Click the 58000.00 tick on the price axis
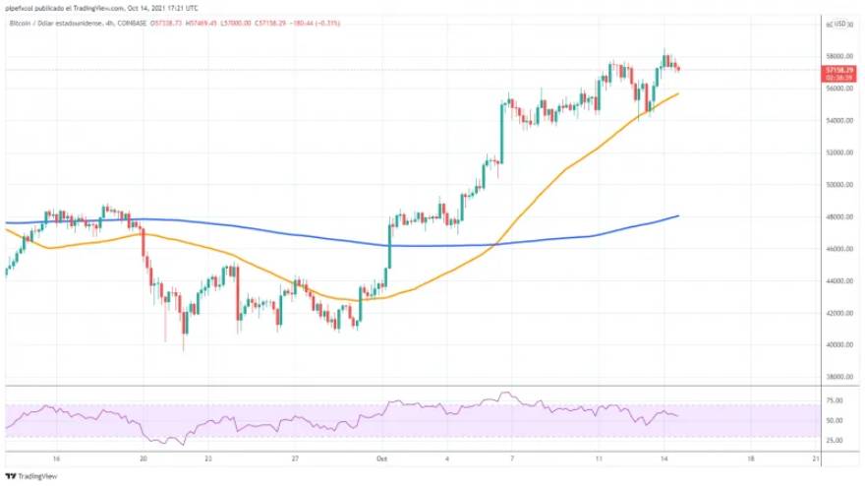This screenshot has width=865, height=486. [x=837, y=56]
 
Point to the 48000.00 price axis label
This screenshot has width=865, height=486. [x=837, y=216]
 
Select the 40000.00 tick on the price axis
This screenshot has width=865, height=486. [x=837, y=345]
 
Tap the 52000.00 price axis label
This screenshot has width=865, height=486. [x=837, y=152]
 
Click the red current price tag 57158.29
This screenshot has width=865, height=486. [x=838, y=72]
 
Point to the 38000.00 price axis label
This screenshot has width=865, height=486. [x=837, y=377]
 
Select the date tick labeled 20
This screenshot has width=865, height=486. [x=144, y=458]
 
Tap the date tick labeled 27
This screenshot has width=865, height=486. [x=295, y=458]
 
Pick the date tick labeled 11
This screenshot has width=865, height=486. [x=598, y=458]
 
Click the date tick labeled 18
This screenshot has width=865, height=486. [x=750, y=458]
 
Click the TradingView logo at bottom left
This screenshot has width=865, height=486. [x=31, y=476]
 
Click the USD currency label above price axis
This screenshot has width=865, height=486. [x=839, y=23]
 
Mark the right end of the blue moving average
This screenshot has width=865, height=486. [x=678, y=215]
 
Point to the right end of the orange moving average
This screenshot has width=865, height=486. [x=678, y=93]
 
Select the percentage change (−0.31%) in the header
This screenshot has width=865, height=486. [x=325, y=23]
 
